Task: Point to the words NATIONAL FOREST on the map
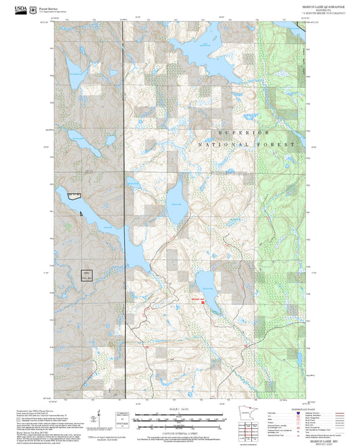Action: [x=248, y=145]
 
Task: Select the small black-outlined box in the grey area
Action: [x=85, y=276]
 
